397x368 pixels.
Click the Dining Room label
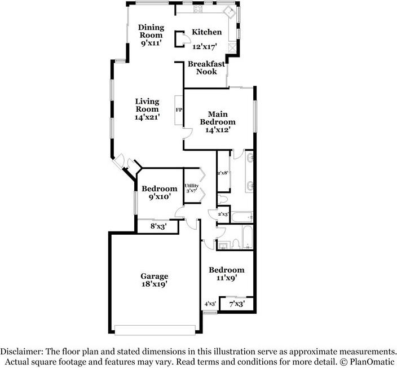click(x=151, y=31)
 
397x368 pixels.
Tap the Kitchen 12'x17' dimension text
click(x=205, y=47)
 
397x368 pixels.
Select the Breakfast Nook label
click(x=206, y=68)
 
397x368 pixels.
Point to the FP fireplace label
click(x=179, y=110)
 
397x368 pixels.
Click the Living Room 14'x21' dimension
click(x=147, y=117)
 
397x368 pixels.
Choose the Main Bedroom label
click(x=218, y=118)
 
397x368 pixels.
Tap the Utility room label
click(x=191, y=186)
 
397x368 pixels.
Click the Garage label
click(x=155, y=276)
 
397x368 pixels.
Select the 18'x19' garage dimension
click(x=155, y=284)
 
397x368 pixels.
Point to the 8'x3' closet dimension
click(x=158, y=226)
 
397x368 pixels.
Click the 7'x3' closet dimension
click(x=237, y=303)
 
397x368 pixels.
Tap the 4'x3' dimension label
click(x=210, y=303)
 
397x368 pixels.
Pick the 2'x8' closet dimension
click(x=223, y=173)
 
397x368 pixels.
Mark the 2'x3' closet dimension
click(x=223, y=214)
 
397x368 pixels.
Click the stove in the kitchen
click(x=198, y=9)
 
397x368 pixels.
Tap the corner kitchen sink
click(x=230, y=12)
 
